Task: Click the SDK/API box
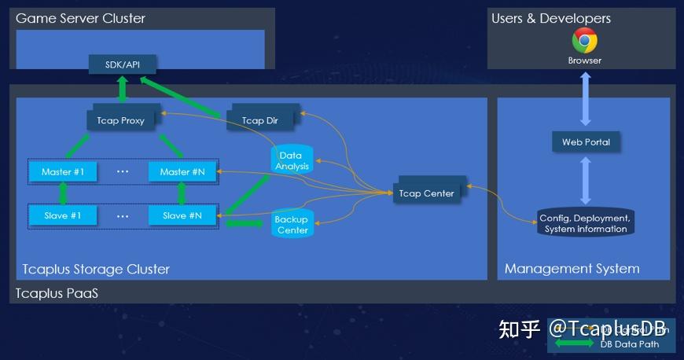pos(122,64)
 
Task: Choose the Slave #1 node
pos(62,215)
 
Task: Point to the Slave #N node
pos(182,215)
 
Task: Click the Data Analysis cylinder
pos(292,160)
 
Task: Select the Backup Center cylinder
pos(292,224)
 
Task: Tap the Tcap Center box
pos(426,193)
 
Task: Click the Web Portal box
pos(586,142)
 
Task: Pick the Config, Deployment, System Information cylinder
pos(586,222)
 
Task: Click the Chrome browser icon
pos(584,40)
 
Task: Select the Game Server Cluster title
pos(80,18)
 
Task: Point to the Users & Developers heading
pos(550,18)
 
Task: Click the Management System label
pos(572,269)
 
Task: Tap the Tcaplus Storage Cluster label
pos(95,269)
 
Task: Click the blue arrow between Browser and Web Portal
pos(585,99)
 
